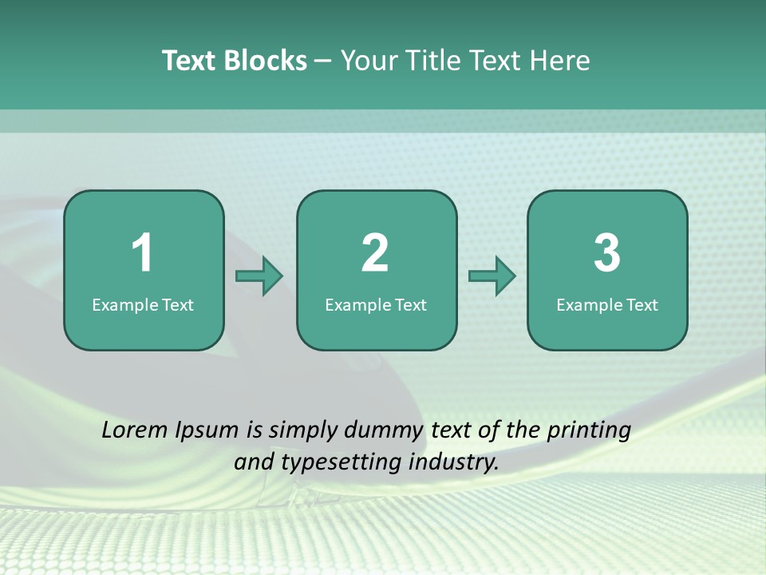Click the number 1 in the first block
142,253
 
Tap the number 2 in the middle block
375,253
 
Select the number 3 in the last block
607,253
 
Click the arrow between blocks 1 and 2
259,276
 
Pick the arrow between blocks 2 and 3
492,276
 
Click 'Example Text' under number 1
143,304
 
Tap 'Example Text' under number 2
376,304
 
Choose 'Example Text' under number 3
607,304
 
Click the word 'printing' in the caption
589,431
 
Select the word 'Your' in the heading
368,61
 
